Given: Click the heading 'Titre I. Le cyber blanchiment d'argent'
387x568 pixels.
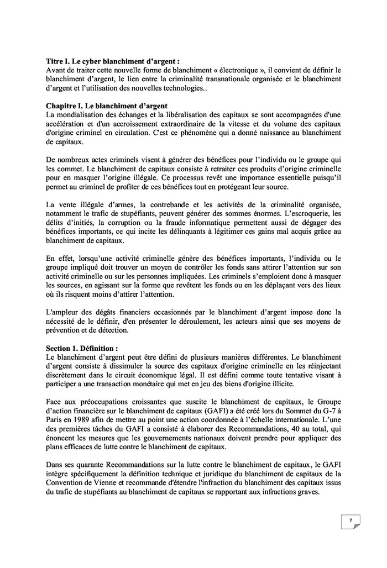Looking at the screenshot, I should pyautogui.click(x=113, y=62).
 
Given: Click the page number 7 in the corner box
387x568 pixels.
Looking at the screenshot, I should pyautogui.click(x=350, y=521).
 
